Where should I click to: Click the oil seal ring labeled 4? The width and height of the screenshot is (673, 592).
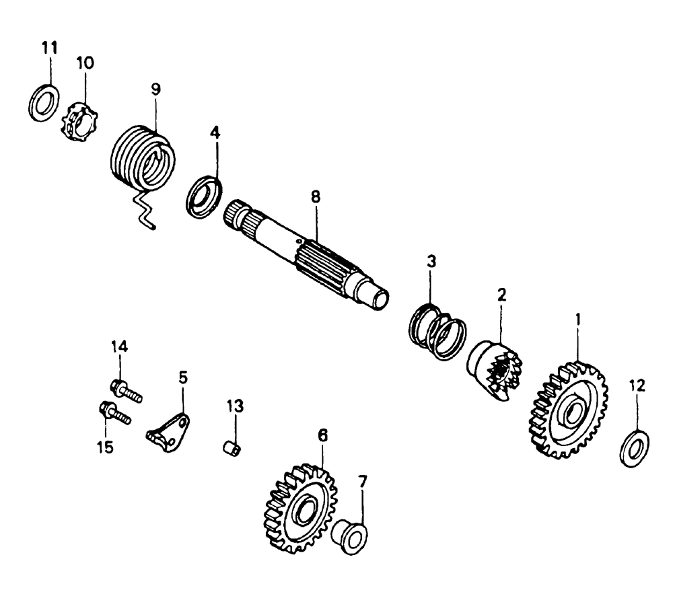click(204, 195)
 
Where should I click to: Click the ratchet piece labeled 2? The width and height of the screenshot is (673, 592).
click(496, 373)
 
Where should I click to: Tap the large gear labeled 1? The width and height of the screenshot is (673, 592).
click(571, 410)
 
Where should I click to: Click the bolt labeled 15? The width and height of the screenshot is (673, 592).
click(115, 412)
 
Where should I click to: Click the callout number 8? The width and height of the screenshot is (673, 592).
click(316, 197)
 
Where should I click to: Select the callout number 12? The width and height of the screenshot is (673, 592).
click(637, 385)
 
